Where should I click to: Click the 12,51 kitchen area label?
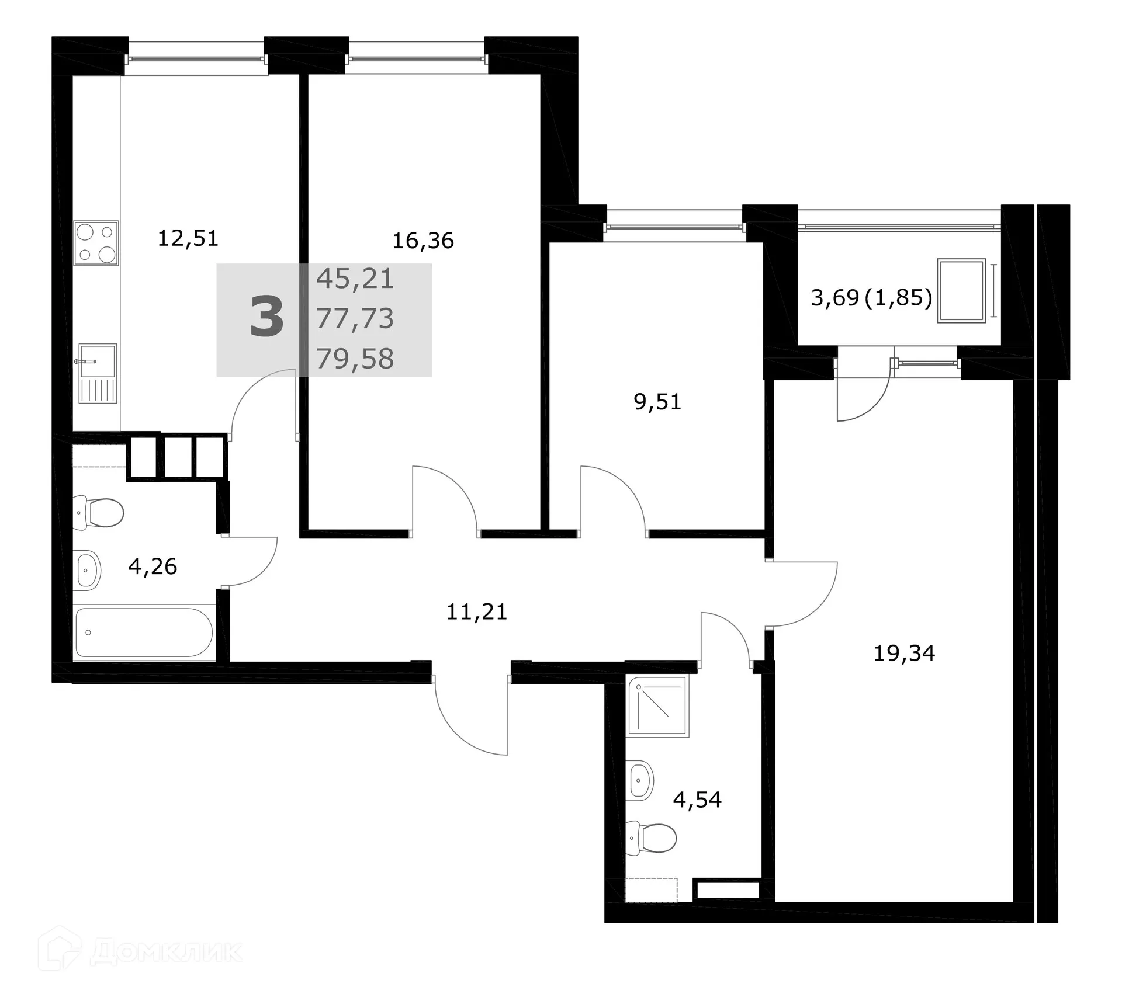tap(188, 238)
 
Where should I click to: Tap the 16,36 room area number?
tap(423, 241)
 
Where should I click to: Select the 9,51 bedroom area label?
tap(657, 402)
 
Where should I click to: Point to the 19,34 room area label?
tap(904, 653)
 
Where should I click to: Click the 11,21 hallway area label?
tap(476, 612)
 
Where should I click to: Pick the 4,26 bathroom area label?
tap(153, 566)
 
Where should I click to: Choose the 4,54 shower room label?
tap(697, 800)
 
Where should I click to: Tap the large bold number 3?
tap(266, 318)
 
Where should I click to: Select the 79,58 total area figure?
tap(355, 359)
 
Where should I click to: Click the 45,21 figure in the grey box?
tap(355, 279)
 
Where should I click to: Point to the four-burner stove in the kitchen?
tap(96, 243)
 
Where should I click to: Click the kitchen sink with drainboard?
tap(98, 373)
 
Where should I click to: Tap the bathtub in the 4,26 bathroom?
tap(144, 632)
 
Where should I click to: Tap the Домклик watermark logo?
tap(140, 951)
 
